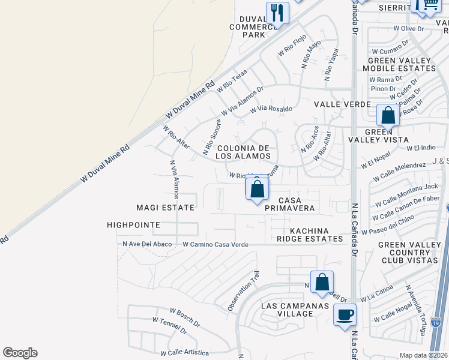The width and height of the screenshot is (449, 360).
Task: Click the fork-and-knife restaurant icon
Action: tap(277, 13)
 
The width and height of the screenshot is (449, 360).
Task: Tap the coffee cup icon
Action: tap(345, 314)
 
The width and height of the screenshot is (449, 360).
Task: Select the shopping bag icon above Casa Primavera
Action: tap(257, 189)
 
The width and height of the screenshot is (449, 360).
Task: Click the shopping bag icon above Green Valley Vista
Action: tap(388, 115)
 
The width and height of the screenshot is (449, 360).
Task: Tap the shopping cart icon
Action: tap(429, 5)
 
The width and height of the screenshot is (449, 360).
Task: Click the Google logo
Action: tap(20, 353)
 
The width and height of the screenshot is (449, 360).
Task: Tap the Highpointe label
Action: tap(133, 225)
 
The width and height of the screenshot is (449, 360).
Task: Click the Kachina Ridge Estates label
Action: tap(316, 235)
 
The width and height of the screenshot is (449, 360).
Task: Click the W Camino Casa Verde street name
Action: tap(215, 244)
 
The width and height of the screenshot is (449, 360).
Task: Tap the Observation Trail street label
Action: tap(243, 291)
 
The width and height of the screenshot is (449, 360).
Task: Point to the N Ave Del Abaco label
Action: tap(147, 244)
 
